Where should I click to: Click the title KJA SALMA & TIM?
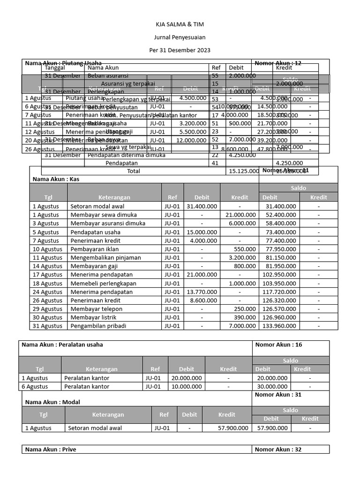click(180, 24)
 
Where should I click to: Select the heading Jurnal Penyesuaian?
click(180, 37)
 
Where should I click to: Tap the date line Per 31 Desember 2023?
click(180, 50)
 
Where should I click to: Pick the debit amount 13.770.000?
click(202, 292)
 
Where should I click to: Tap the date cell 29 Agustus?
click(47, 309)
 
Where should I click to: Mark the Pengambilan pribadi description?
click(99, 326)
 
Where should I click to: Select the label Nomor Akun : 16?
click(278, 345)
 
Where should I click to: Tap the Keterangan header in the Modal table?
click(108, 414)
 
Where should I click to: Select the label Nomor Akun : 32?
click(278, 450)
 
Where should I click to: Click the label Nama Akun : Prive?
click(51, 450)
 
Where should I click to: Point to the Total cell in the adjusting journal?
click(133, 171)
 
